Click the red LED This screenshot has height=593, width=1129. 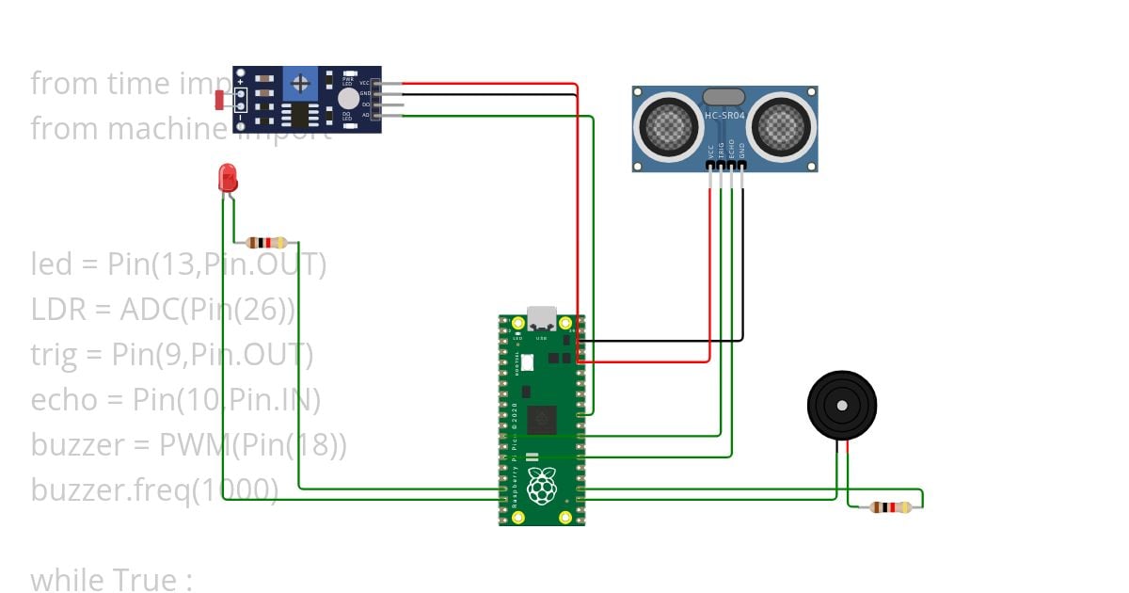(227, 177)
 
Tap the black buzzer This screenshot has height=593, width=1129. (841, 405)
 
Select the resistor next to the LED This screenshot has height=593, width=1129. (267, 242)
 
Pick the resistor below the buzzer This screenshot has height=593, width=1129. (890, 507)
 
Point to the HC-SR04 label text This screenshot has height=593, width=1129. (725, 115)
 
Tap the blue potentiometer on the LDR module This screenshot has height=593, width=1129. (300, 84)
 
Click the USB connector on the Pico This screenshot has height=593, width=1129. (542, 318)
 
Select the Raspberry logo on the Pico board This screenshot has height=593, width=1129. (541, 488)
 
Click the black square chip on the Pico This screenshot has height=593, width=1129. (543, 420)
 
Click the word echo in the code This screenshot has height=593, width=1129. (64, 400)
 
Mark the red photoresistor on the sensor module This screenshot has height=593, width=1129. (221, 99)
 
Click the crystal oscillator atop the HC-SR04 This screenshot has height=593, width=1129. (723, 95)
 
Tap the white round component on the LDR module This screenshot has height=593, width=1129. (348, 98)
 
